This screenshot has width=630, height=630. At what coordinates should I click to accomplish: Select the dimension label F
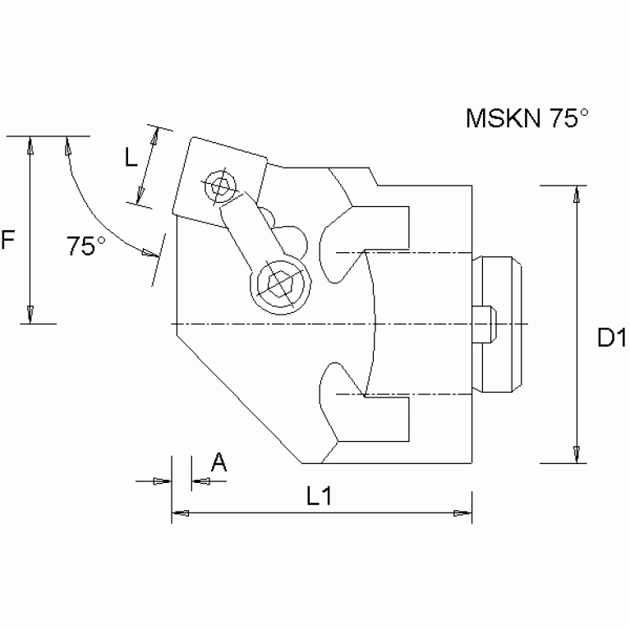click(x=9, y=241)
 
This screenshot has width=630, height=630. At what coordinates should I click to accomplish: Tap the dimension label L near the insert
click(x=131, y=158)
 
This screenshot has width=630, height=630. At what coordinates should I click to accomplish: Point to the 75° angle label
click(x=86, y=246)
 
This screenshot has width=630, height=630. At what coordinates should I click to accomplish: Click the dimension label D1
click(x=612, y=338)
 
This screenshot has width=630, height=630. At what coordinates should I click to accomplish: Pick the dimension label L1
click(x=319, y=495)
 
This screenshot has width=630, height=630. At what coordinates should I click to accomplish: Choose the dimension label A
click(x=218, y=462)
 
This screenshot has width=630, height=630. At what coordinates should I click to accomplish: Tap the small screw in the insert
click(x=219, y=186)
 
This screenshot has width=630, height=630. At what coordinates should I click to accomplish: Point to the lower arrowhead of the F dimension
click(x=30, y=313)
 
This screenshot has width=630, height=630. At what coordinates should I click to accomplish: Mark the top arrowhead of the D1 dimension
click(x=577, y=195)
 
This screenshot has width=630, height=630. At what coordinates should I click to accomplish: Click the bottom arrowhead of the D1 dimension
click(x=577, y=453)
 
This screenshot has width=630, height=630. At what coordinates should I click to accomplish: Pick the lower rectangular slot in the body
click(x=386, y=420)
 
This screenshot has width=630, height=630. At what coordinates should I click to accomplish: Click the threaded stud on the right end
click(x=500, y=324)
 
